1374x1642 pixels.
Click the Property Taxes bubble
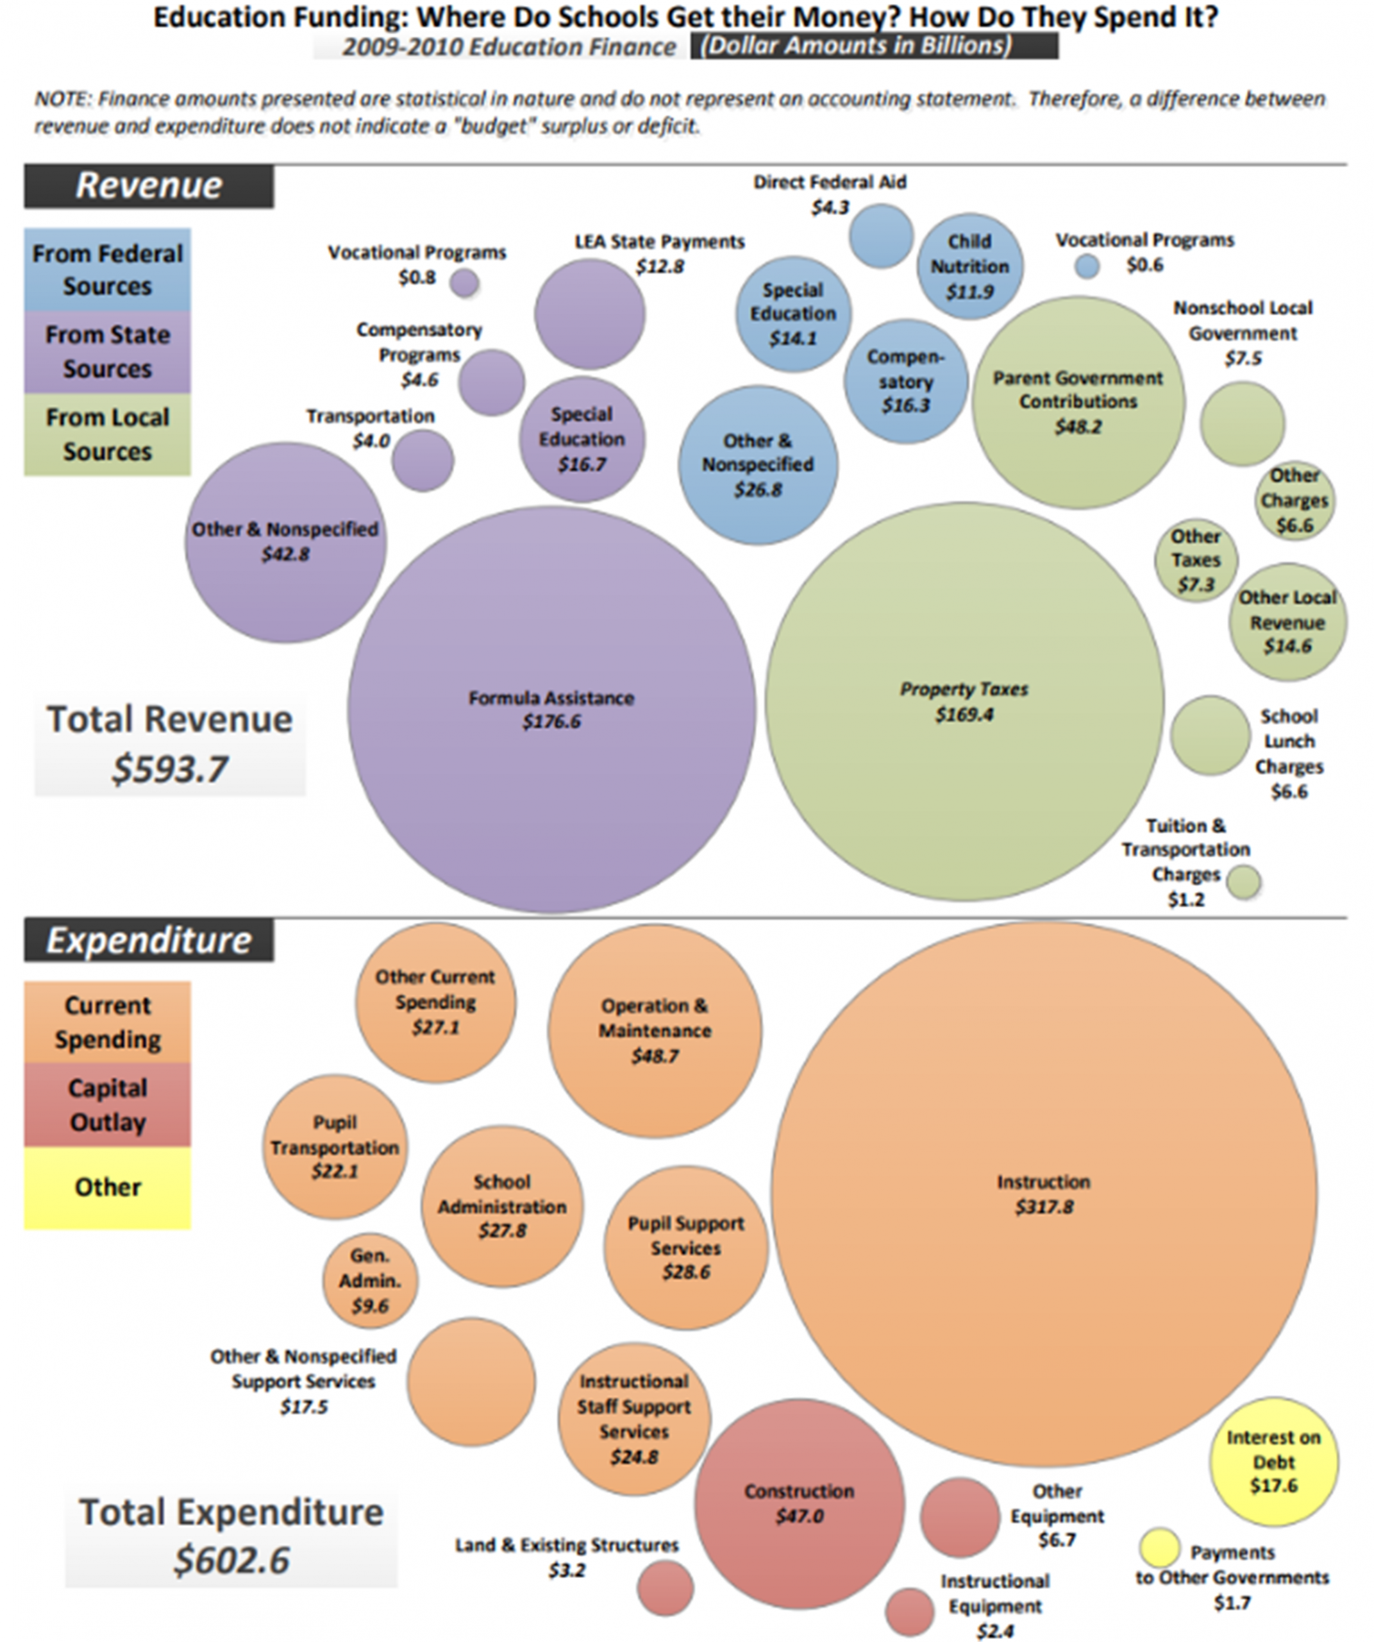coord(964,701)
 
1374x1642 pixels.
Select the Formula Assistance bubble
coord(551,709)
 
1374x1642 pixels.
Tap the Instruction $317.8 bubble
coord(1043,1193)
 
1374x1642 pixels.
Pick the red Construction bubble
coord(799,1503)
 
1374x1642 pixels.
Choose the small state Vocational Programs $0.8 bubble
coord(465,282)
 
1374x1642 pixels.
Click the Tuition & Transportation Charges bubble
coord(1243,881)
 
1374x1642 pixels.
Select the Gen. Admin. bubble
coord(370,1281)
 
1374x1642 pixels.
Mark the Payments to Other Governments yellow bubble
coord(1159,1547)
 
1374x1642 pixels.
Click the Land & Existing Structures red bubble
coord(665,1587)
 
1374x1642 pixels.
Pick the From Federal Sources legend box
coord(107,270)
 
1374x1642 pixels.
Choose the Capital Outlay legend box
coord(107,1105)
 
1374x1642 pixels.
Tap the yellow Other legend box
coord(107,1188)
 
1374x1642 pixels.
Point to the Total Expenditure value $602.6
coord(231,1560)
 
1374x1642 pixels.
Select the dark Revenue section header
coord(149,186)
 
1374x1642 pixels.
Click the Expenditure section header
coord(149,940)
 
